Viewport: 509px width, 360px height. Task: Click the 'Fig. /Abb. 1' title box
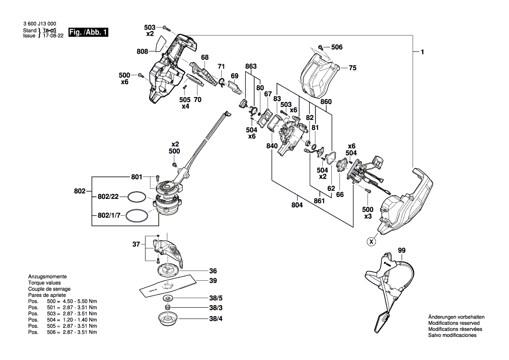pos(88,32)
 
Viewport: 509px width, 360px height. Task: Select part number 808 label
pos(142,51)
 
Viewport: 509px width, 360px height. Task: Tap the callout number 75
pos(353,68)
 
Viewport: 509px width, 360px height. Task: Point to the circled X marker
pos(371,242)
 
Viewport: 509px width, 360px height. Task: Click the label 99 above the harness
pos(402,251)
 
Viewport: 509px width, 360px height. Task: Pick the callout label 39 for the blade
pos(213,281)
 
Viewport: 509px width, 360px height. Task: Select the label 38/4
pos(216,319)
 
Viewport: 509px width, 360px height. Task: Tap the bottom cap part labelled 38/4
pos(168,318)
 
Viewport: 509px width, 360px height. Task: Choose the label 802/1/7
pos(109,215)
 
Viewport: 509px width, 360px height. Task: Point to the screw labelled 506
pos(320,48)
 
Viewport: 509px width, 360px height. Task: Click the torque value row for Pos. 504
pos(63,320)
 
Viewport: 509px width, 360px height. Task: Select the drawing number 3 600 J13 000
pos(40,24)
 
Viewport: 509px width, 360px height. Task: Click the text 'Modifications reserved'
pos(454,323)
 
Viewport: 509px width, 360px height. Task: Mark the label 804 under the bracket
pos(297,205)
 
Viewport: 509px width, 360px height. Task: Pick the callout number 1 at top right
pos(422,52)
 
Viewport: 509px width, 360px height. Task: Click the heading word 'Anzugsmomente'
pos(47,277)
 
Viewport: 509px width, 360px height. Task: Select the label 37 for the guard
pos(136,245)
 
